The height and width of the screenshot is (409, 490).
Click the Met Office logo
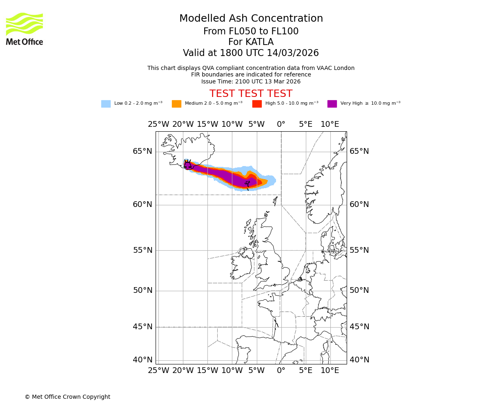24,29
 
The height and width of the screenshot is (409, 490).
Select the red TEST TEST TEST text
251,94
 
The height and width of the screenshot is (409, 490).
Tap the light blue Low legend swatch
106,103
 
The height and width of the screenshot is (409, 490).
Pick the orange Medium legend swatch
176,103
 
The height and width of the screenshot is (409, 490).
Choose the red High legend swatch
257,103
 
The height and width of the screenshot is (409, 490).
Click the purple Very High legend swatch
332,103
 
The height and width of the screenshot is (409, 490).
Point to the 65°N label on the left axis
142,151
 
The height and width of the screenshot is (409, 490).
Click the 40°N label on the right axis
359,360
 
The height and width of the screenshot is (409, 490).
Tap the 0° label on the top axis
281,124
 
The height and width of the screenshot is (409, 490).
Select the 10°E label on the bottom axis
330,371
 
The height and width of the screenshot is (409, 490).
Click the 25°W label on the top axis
158,124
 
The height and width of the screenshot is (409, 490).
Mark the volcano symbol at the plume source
187,164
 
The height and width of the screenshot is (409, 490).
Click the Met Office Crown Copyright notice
67,397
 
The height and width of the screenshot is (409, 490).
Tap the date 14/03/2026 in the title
293,53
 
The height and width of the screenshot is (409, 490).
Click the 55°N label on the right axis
359,250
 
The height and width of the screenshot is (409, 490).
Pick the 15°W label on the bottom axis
207,371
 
